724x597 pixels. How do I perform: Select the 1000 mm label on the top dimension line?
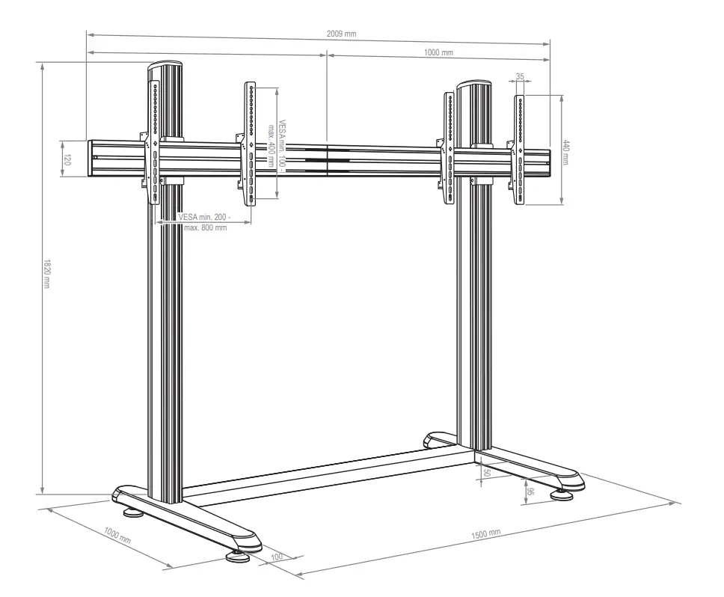pyautogui.click(x=438, y=53)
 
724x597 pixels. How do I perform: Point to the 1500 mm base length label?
pyautogui.click(x=486, y=534)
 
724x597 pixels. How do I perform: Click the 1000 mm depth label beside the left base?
pyautogui.click(x=117, y=536)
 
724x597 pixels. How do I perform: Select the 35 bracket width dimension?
pyautogui.click(x=521, y=76)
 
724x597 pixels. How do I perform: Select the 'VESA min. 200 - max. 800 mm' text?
pyautogui.click(x=203, y=222)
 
